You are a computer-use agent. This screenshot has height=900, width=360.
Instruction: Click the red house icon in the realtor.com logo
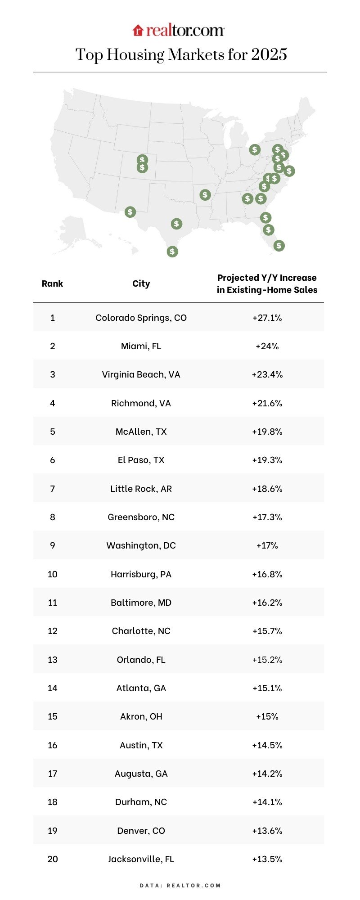tap(138, 31)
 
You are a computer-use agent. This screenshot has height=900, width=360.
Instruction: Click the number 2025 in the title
tap(269, 54)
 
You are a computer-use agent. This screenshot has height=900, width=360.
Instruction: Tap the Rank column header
tap(52, 283)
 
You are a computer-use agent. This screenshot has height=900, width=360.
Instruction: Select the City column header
tap(141, 283)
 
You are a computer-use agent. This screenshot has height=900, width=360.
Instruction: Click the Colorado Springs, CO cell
tap(141, 318)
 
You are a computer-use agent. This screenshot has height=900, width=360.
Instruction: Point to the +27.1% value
tap(267, 318)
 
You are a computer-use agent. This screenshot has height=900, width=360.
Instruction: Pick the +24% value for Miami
tap(267, 346)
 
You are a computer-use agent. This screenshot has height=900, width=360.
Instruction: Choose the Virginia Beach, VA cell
tap(141, 374)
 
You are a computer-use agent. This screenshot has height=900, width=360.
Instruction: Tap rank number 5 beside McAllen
tap(52, 432)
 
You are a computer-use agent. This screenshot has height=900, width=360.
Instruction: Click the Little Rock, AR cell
tap(141, 489)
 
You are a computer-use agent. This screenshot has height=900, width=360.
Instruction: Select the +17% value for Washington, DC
tap(267, 545)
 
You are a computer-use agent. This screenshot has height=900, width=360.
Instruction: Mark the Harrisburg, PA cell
tap(141, 574)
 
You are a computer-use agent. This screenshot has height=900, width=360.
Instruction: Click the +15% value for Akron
tap(267, 716)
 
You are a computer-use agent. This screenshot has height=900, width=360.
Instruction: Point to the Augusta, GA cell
tap(141, 774)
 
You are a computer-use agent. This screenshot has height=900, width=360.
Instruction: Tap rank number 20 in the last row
tap(52, 859)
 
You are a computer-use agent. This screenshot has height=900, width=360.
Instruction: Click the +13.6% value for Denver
tap(267, 831)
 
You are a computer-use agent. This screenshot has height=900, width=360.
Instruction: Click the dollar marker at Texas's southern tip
tap(172, 252)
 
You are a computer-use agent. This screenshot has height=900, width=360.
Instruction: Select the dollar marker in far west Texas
tap(130, 211)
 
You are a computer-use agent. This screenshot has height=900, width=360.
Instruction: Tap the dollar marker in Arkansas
tap(205, 195)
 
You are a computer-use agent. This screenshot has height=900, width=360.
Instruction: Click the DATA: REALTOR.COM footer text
tap(180, 885)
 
